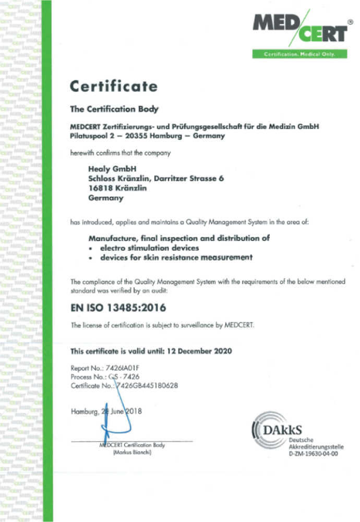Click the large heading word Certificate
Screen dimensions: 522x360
click(113, 86)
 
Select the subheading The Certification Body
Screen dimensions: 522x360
click(114, 110)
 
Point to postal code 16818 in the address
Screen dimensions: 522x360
click(102, 188)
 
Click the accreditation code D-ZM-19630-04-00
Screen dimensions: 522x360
click(314, 454)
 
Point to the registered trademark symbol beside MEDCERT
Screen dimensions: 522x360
click(350, 22)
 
